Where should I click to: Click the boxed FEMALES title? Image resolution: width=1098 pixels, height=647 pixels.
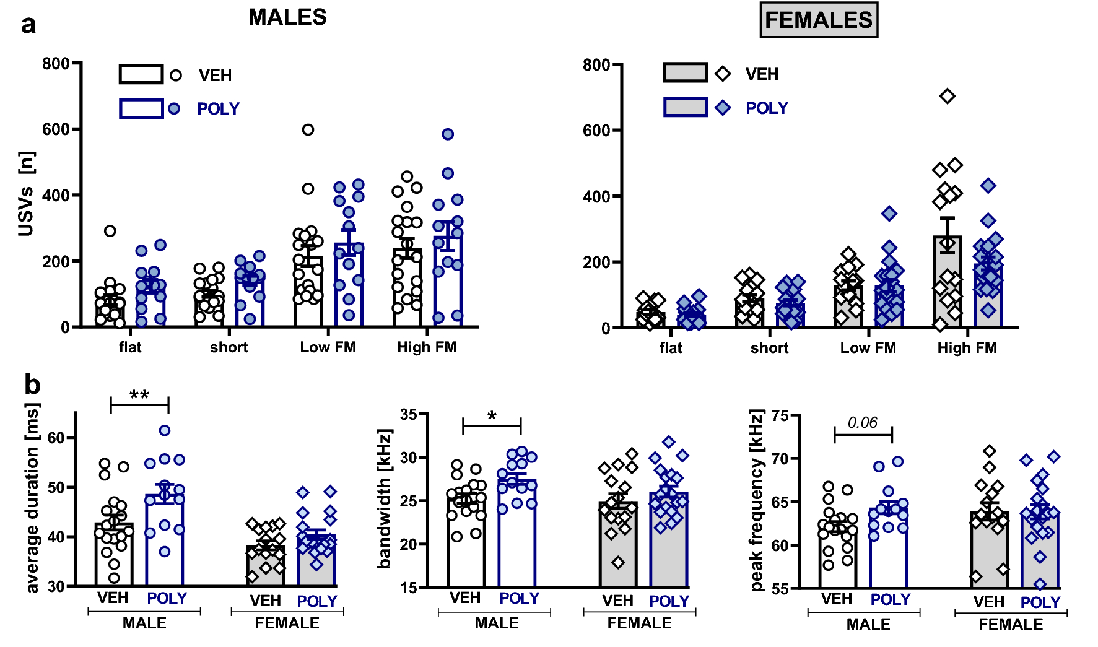[818, 20]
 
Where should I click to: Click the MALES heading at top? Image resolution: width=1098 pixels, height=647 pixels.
[287, 17]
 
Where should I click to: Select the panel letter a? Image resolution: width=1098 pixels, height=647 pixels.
[28, 25]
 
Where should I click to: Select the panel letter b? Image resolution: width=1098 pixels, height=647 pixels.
[32, 384]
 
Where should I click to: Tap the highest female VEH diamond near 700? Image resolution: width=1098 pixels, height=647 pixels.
[947, 96]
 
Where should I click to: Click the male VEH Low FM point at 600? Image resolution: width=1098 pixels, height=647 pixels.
[308, 129]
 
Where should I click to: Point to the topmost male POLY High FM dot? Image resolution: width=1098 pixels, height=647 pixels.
[448, 134]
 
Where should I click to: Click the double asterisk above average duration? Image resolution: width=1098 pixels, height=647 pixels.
[139, 395]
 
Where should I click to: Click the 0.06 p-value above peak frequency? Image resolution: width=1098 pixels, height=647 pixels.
[862, 423]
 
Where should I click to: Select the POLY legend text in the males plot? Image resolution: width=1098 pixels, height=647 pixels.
[218, 109]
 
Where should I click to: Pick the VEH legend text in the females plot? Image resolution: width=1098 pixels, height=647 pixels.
[762, 74]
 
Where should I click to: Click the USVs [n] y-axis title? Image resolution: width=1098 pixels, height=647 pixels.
[26, 194]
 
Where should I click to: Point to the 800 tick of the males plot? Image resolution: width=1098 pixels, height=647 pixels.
[56, 64]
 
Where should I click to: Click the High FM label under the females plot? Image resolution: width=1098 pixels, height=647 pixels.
[967, 348]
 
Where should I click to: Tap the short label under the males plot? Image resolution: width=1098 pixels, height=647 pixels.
[229, 347]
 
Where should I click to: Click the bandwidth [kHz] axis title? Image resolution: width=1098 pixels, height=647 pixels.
[385, 498]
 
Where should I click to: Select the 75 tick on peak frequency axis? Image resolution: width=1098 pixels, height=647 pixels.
[780, 415]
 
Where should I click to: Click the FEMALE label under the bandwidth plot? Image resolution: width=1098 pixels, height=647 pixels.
[639, 623]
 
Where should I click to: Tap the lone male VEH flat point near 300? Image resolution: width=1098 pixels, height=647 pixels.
[110, 231]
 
